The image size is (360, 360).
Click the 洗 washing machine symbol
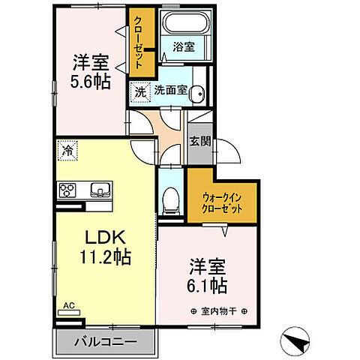pos(140,91)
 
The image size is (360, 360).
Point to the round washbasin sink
pos(196,93)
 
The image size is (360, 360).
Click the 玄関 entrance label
pos(199,140)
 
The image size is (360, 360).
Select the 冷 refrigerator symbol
pos(67,151)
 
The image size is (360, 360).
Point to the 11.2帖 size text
pos(106,258)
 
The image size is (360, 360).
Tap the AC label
pos(69,306)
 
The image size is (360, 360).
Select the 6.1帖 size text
pos(206,286)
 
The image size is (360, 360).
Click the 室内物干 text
pos(218,310)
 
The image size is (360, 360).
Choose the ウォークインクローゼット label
pos(222,203)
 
